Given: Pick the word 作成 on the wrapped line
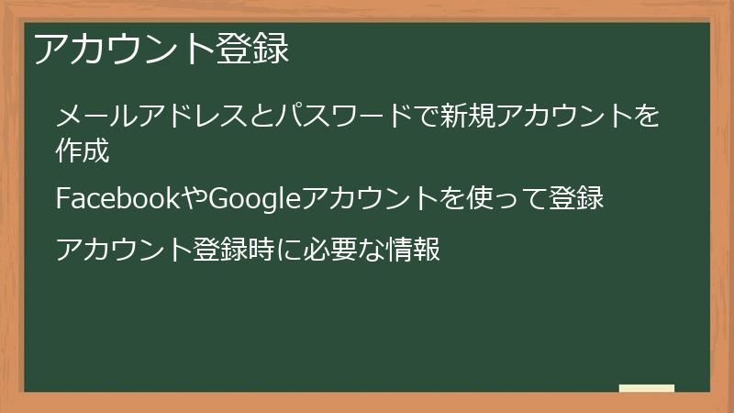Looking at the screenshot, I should coord(83,151).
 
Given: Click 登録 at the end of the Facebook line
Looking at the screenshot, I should coord(576,198).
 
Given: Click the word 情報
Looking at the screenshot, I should coord(414,249).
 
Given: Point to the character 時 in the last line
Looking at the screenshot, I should coord(253,249).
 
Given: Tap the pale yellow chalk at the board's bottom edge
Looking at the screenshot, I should coord(646,388).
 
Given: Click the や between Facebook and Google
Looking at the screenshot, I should coord(196,198).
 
